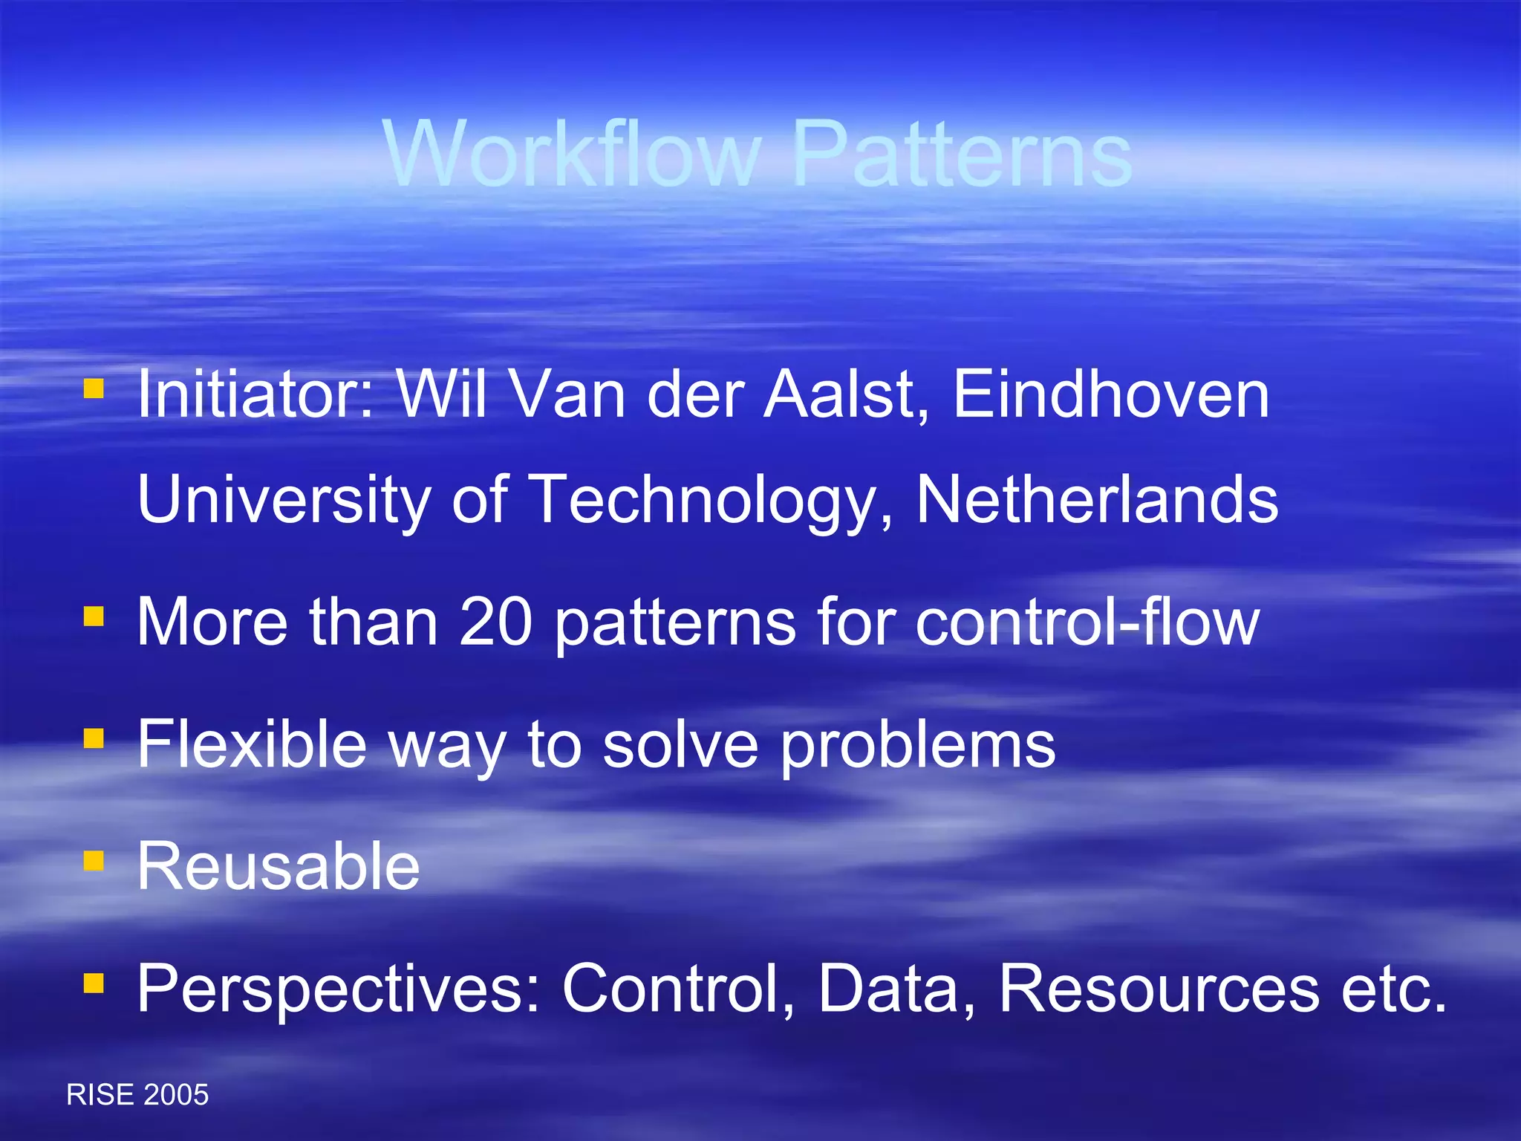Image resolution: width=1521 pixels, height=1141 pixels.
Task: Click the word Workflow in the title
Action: (572, 155)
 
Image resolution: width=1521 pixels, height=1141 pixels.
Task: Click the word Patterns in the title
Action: (962, 155)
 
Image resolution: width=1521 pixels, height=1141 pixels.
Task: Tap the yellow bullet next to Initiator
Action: (94, 389)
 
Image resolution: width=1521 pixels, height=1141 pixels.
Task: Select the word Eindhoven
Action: (1110, 395)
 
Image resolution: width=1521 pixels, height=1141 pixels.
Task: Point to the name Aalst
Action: (847, 395)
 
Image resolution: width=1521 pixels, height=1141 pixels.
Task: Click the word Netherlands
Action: (1097, 499)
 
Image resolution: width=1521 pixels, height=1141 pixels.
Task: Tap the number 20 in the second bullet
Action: (495, 622)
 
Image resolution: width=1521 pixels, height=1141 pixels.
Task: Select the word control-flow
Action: (1087, 622)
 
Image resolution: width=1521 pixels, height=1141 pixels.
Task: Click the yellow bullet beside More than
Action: (94, 616)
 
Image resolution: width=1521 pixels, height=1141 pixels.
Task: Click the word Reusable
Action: (279, 866)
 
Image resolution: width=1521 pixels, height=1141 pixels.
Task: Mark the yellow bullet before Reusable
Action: (94, 860)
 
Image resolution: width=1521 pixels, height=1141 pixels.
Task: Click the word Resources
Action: (1159, 988)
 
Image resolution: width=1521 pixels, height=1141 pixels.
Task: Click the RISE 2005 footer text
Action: (137, 1095)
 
